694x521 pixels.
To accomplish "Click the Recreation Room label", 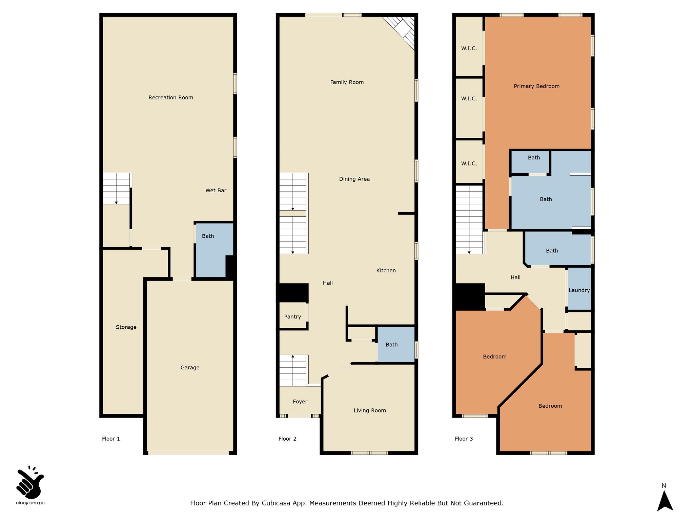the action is point(171,98).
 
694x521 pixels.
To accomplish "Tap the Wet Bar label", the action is point(216,191).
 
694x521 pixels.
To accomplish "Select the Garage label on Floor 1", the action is point(190,368).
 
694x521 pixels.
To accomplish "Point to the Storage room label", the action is point(126,327).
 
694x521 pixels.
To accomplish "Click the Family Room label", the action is point(347,82).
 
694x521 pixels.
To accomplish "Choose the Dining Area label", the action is point(354,179).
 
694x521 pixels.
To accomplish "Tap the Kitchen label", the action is point(386,271).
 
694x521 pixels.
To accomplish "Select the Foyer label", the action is point(300,402).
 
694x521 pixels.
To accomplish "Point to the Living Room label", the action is point(370,411).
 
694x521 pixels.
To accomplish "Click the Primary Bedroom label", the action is point(536,86).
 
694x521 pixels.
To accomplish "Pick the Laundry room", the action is point(579,289).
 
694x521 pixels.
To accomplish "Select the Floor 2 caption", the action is point(287,439).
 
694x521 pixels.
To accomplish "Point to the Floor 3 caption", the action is point(464,439).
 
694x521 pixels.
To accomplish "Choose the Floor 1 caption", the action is point(111,439).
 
